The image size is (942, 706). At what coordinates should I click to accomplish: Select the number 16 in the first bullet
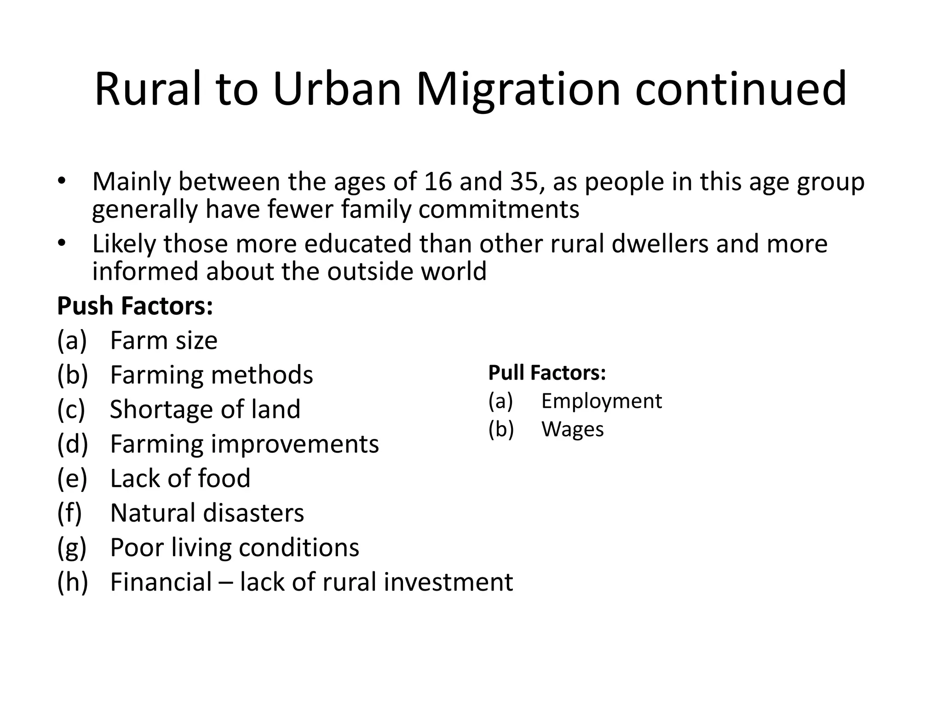tap(438, 182)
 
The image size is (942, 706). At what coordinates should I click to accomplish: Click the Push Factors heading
tap(135, 306)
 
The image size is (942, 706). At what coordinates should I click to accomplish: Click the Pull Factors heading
tap(547, 373)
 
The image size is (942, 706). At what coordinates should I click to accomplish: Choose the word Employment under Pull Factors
tap(601, 401)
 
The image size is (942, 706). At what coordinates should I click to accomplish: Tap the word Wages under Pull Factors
tap(572, 429)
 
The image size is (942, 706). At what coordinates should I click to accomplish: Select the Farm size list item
tap(164, 341)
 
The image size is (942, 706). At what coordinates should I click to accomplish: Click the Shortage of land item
tap(205, 409)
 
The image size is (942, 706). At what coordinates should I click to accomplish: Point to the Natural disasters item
tap(207, 513)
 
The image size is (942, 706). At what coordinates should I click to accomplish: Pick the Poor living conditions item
tap(235, 547)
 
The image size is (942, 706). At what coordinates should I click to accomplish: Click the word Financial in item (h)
tap(161, 582)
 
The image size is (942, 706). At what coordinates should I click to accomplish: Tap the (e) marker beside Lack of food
tap(72, 478)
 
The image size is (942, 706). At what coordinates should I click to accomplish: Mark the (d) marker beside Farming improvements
tap(72, 444)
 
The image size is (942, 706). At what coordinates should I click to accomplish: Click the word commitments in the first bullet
tap(499, 210)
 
